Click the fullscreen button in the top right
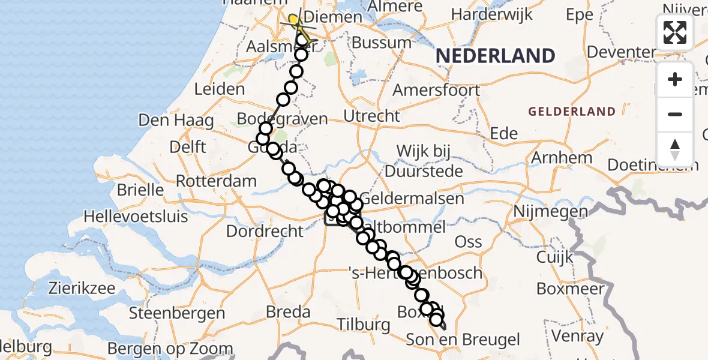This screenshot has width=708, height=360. point(675,32)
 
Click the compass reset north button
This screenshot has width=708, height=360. point(675,149)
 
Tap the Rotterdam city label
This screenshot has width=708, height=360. point(217,181)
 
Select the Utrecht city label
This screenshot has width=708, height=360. point(372,115)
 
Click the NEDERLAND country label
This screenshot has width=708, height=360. point(495,56)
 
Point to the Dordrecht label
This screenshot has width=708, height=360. point(265,230)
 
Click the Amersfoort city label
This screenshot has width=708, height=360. point(436,91)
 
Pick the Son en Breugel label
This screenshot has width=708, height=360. point(463,340)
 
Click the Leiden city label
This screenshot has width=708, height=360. point(219,89)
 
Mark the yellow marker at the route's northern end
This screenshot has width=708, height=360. point(294,22)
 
